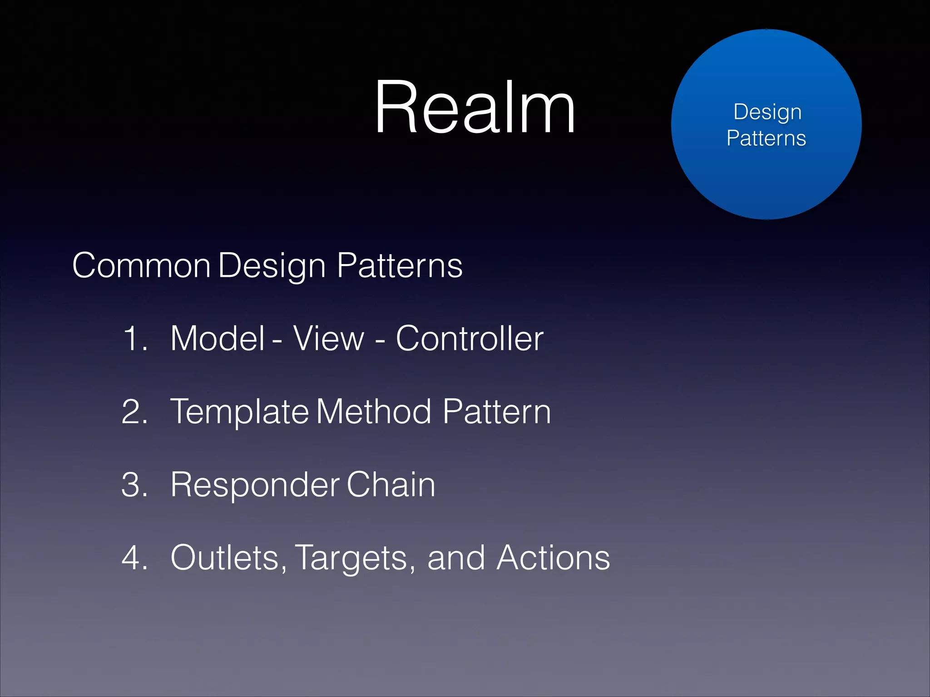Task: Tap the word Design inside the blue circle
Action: click(x=767, y=112)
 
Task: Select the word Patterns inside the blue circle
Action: click(x=766, y=138)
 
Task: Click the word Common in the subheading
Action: click(x=141, y=265)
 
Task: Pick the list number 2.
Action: click(x=135, y=412)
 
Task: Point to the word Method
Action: click(x=374, y=412)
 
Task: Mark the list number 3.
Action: click(x=135, y=485)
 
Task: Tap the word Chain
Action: click(x=391, y=485)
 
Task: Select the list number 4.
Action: click(x=135, y=558)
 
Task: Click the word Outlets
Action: click(x=228, y=558)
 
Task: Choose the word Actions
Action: click(x=553, y=558)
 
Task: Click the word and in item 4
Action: click(x=456, y=558)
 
